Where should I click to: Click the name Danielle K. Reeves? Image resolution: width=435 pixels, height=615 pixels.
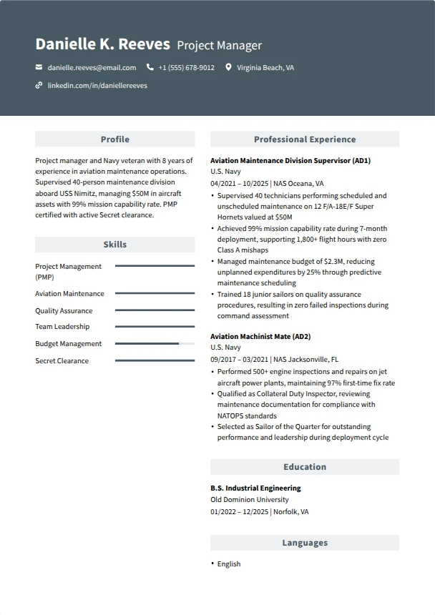click(x=102, y=44)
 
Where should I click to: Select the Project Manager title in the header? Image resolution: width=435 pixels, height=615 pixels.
click(x=219, y=46)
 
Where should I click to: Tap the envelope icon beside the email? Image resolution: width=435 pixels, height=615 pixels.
click(x=39, y=68)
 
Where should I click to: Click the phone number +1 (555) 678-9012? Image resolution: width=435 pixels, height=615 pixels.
click(x=186, y=68)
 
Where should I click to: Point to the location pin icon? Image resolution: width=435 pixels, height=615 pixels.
click(x=228, y=68)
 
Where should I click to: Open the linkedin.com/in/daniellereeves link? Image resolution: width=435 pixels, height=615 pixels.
click(x=97, y=85)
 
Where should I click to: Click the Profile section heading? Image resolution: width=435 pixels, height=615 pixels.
click(x=114, y=139)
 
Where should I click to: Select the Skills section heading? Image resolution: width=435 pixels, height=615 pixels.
click(x=114, y=245)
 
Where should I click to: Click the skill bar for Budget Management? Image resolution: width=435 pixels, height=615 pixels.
click(x=155, y=344)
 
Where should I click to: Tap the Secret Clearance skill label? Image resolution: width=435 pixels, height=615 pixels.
click(x=62, y=361)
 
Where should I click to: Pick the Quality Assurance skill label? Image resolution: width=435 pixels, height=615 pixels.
click(x=64, y=311)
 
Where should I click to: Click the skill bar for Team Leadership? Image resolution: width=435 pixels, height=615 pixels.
click(x=155, y=327)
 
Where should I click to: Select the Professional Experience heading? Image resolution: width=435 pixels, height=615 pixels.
click(x=304, y=139)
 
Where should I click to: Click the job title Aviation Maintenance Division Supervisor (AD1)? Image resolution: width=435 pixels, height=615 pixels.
click(x=290, y=161)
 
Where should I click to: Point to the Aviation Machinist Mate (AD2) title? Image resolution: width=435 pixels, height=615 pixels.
click(x=260, y=336)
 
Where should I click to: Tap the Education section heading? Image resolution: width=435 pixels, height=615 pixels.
click(x=304, y=467)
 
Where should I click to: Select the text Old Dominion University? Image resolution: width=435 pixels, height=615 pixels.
click(x=250, y=500)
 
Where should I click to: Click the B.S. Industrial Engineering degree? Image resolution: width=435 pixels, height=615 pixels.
click(x=255, y=488)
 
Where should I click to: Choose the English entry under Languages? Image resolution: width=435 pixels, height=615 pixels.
click(x=229, y=564)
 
